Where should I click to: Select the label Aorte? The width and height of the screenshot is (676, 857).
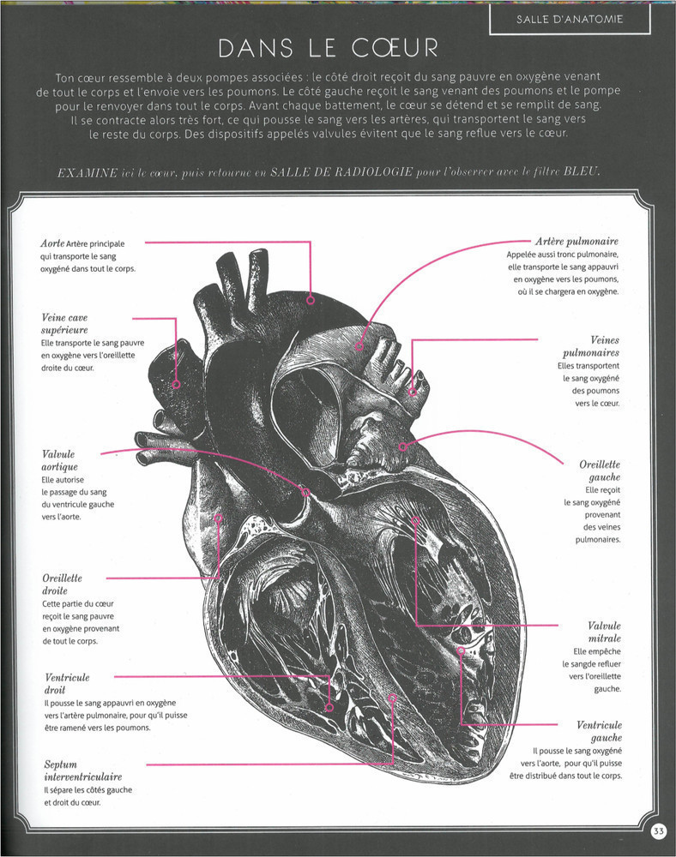pos(54,243)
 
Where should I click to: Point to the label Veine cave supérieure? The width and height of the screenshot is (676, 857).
pos(64,323)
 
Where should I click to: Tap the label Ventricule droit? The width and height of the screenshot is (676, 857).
pos(66,683)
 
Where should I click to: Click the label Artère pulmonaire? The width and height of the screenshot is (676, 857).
pos(576,242)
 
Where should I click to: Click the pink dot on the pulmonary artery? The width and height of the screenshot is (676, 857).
pos(359,346)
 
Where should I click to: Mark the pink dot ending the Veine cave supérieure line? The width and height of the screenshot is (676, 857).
pos(176,385)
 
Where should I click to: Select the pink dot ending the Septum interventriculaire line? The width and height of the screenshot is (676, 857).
pos(392,698)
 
